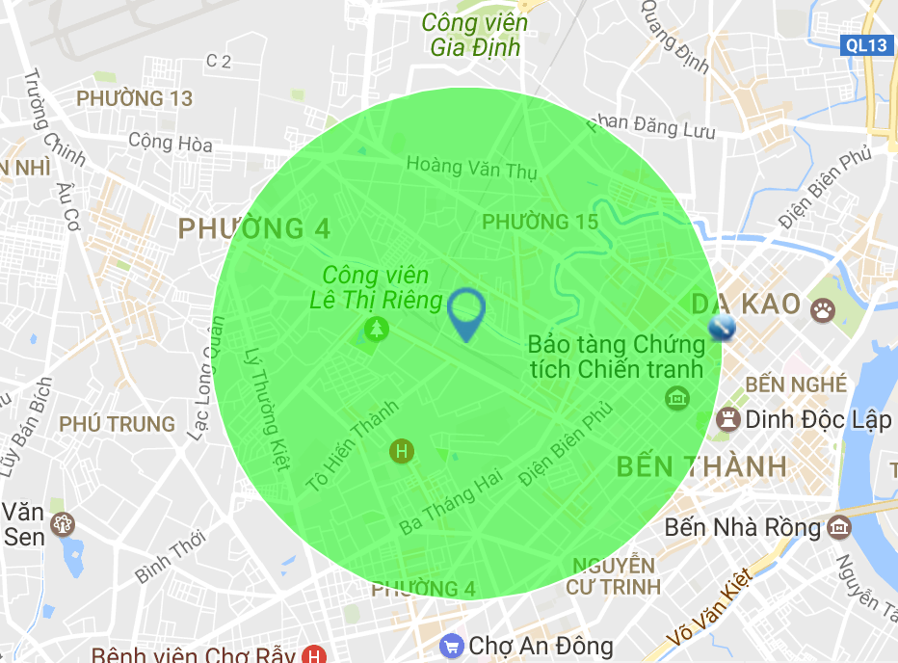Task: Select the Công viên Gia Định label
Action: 475,35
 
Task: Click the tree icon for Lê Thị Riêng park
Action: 375,330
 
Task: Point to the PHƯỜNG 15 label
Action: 540,222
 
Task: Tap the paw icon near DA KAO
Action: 823,308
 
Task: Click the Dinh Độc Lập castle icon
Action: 727,419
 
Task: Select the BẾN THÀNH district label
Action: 701,467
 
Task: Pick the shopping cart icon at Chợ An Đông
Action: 450,645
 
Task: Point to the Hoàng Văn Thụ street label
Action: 471,166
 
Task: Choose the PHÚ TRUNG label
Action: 118,424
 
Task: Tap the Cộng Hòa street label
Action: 171,143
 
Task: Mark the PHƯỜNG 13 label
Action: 134,98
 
